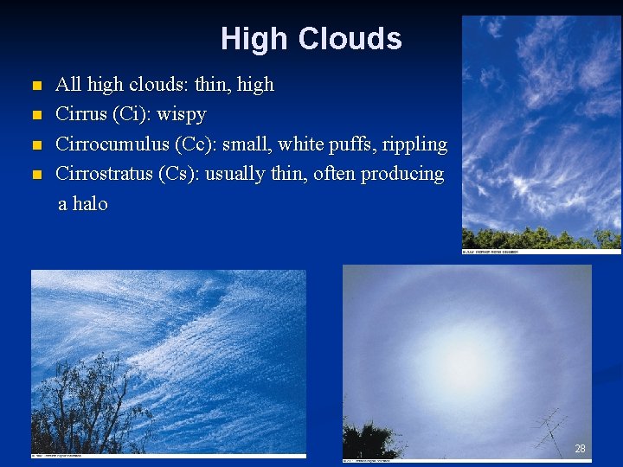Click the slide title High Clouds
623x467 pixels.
(x=311, y=39)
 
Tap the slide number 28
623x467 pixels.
(x=580, y=448)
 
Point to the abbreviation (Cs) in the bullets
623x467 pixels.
(x=179, y=173)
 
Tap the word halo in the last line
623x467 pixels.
(x=89, y=204)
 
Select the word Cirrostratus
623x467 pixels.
(x=104, y=173)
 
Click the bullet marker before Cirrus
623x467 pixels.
(x=35, y=115)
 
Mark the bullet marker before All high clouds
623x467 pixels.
(x=35, y=86)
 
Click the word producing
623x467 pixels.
(x=401, y=173)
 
